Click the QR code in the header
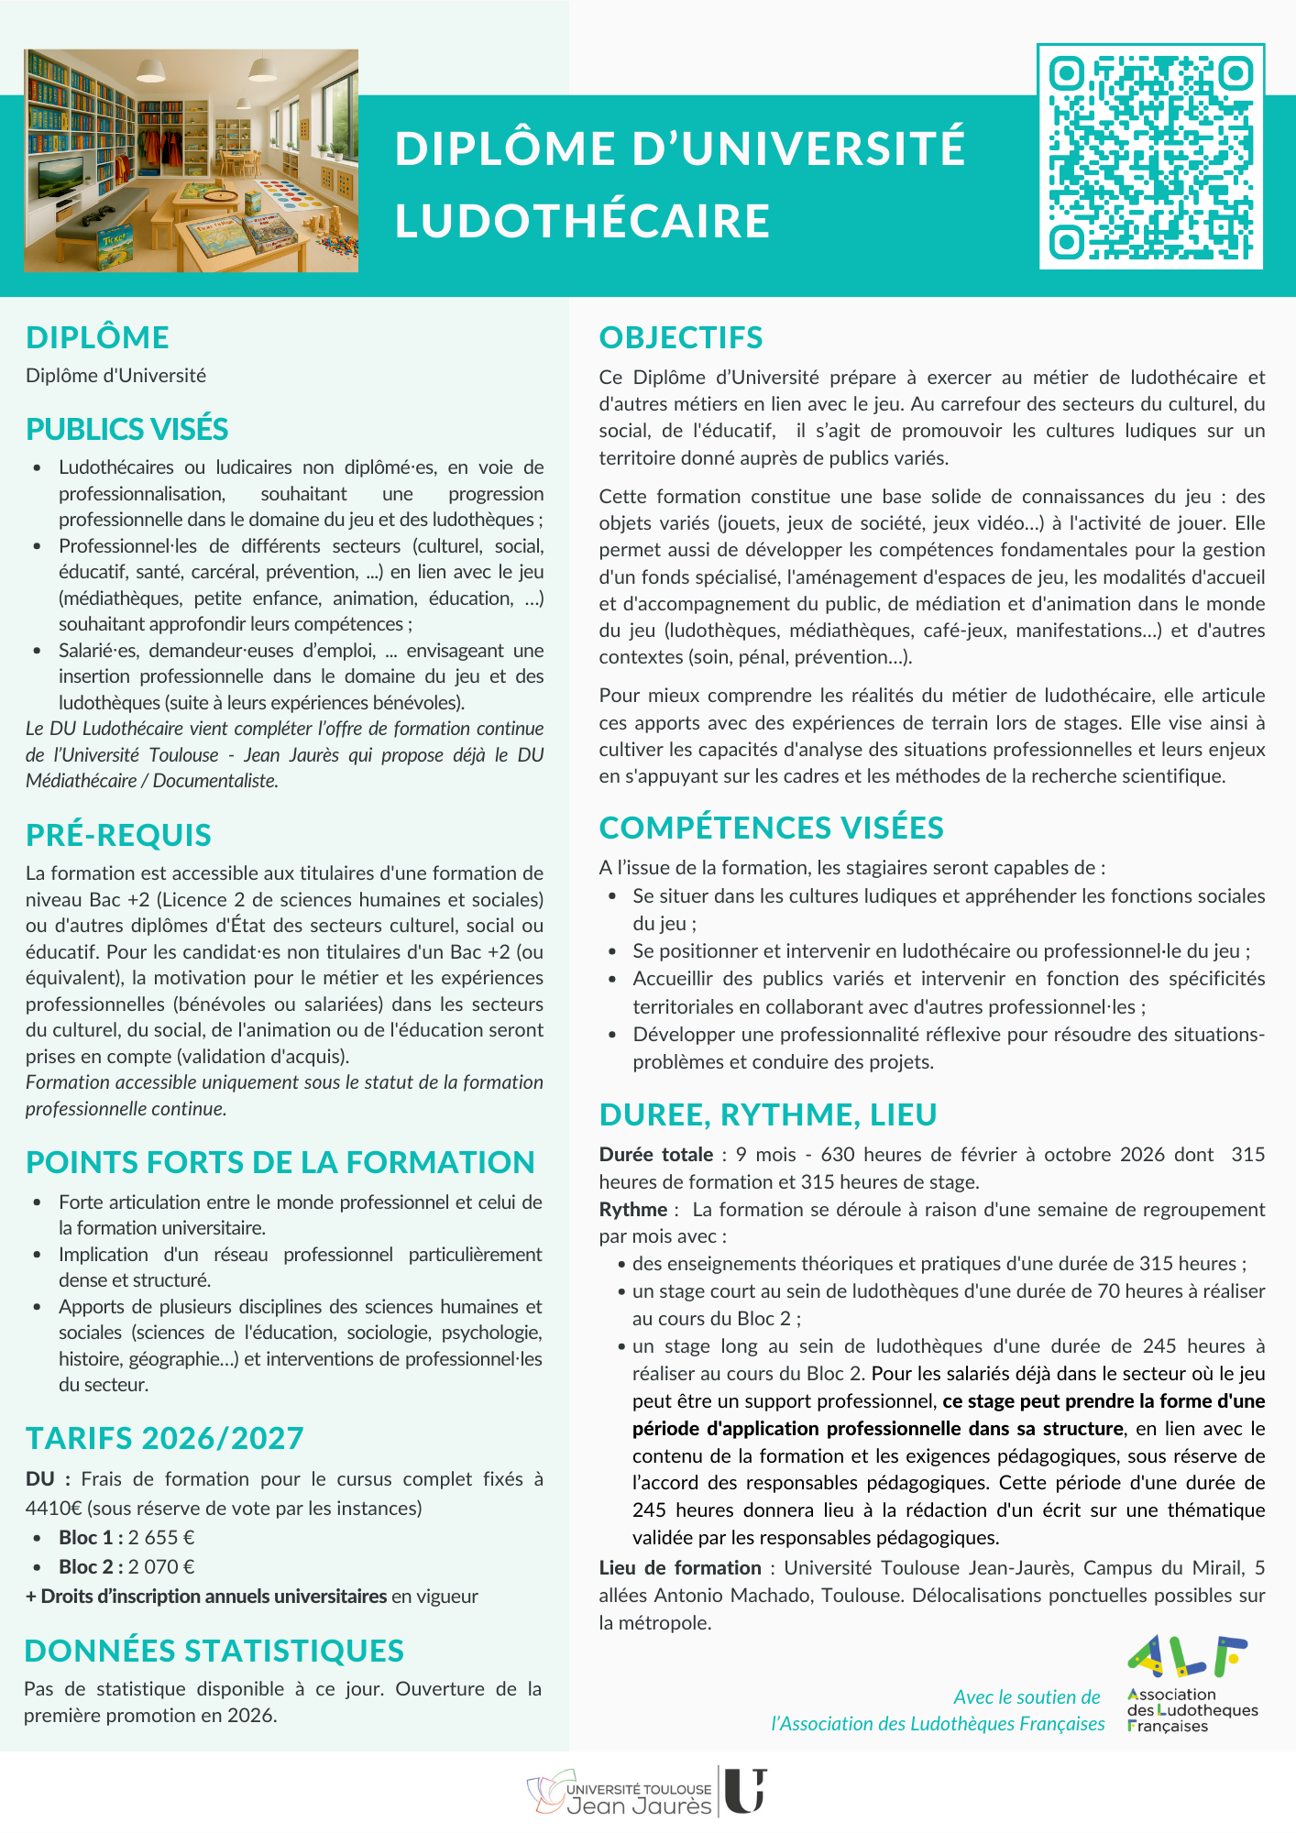1151,157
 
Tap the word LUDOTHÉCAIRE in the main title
583,221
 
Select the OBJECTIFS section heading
680,337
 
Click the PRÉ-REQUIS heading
118,835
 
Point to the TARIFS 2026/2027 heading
164,1438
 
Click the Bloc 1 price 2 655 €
161,1537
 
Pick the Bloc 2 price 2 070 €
161,1566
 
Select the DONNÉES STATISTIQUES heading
214,1650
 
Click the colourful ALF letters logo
1187,1656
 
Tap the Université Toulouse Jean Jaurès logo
647,1793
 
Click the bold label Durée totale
655,1154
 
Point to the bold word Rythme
632,1209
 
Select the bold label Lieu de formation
679,1567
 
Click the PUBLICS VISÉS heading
126,429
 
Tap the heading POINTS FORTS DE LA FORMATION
280,1161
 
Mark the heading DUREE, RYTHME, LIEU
767,1114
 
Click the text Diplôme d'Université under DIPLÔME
115,376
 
